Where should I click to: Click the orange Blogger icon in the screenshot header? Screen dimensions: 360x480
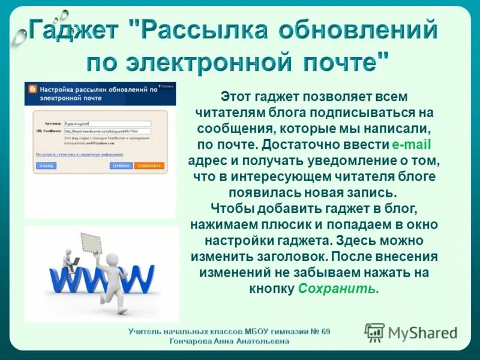click(32, 89)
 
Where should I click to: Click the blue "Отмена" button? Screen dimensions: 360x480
click(121, 166)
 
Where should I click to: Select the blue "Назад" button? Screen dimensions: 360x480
click(46, 166)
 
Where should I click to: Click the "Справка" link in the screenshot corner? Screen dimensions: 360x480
click(167, 86)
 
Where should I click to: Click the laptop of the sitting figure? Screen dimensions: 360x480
click(76, 262)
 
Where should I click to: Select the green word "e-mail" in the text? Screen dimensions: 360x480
click(412, 145)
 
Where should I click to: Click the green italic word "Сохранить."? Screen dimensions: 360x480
click(338, 289)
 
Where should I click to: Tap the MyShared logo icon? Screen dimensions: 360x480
click(374, 332)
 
